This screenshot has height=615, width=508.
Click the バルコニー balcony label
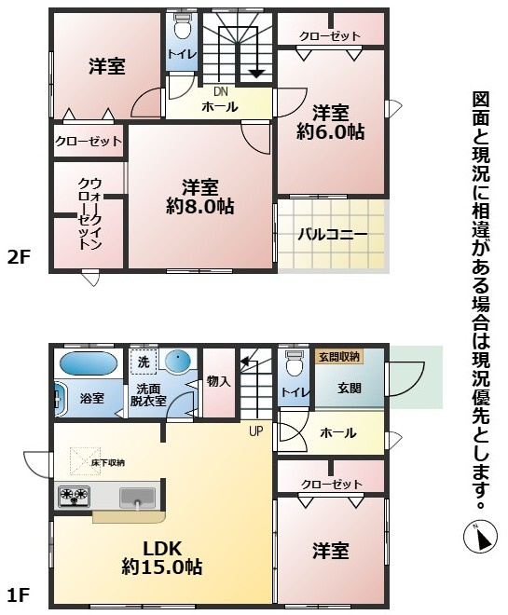[332, 234]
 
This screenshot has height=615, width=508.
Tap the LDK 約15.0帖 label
[161, 555]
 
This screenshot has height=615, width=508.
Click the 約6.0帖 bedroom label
[329, 123]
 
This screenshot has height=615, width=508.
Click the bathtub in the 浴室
[89, 362]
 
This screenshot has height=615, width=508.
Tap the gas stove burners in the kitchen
[75, 495]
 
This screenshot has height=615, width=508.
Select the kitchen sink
[138, 499]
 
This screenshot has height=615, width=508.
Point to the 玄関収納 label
[339, 356]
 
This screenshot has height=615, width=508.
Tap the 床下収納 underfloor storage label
[108, 462]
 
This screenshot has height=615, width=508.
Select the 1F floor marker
[21, 594]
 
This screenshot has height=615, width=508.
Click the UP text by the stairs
[254, 430]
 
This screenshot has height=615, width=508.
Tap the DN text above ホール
[220, 91]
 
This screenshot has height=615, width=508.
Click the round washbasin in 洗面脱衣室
[177, 361]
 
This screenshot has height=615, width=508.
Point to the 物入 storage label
[219, 381]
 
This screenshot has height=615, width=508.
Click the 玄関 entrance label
[349, 387]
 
